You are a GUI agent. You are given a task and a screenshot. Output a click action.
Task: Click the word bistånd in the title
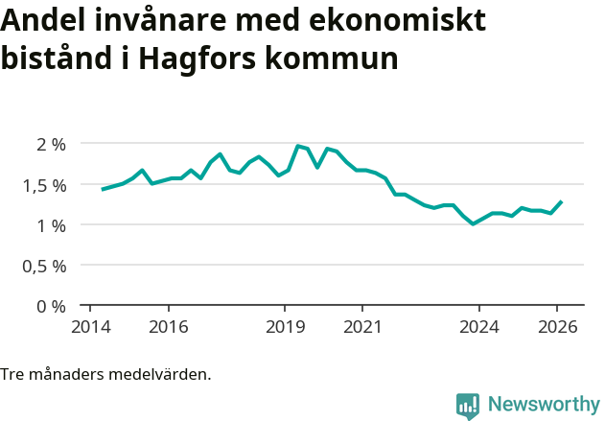(56, 58)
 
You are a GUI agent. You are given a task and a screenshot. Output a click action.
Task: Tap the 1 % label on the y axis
(51, 225)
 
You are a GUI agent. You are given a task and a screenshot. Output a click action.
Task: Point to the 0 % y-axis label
(51, 306)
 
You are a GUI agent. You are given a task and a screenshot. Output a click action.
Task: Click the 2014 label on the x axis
(90, 326)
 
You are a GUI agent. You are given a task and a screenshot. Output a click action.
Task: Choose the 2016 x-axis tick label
(168, 326)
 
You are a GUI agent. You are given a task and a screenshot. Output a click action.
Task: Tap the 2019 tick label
(285, 326)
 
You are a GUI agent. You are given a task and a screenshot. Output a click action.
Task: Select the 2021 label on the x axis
(362, 326)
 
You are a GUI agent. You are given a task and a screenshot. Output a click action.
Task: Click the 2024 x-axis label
(479, 326)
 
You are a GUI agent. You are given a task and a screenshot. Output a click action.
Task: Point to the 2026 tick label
(557, 326)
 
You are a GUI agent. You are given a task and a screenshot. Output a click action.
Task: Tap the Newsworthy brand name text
(544, 405)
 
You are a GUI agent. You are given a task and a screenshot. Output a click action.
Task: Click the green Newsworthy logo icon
(467, 406)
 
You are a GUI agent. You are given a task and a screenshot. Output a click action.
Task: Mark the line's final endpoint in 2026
(561, 201)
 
